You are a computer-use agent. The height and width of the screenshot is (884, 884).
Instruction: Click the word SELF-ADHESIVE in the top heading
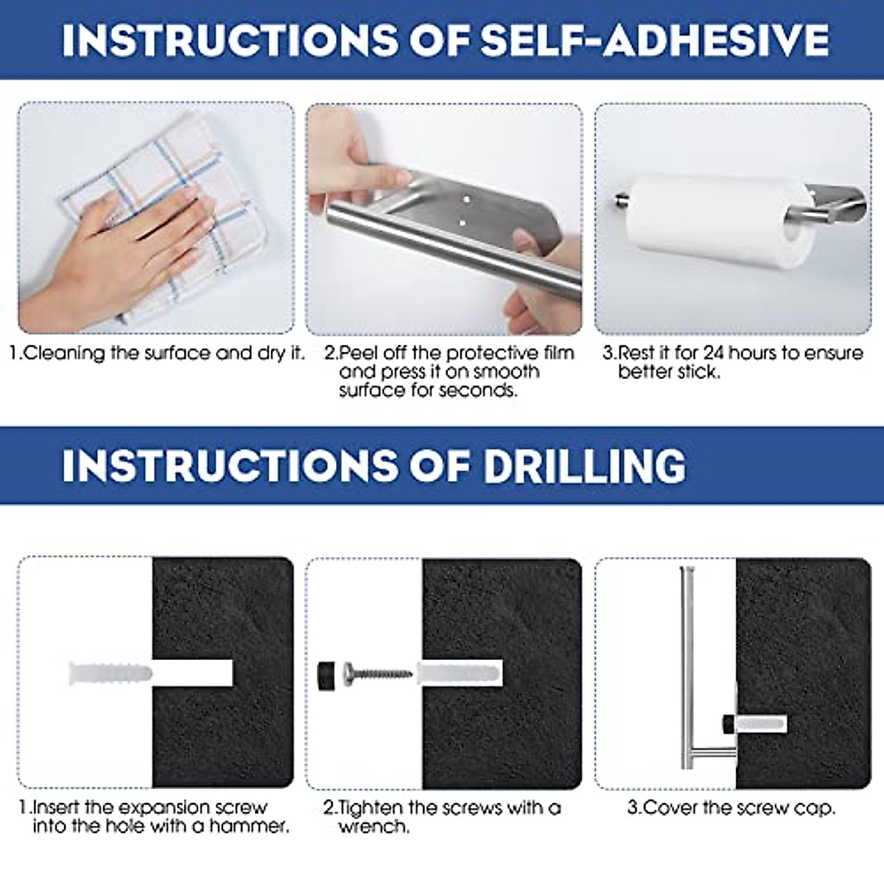pos(654,40)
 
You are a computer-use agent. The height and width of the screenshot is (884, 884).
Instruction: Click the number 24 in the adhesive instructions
pos(715,353)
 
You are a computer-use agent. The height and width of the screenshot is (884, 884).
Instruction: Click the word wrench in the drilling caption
pos(373,827)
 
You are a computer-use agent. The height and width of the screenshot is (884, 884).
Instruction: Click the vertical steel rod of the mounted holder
pos(687,663)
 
